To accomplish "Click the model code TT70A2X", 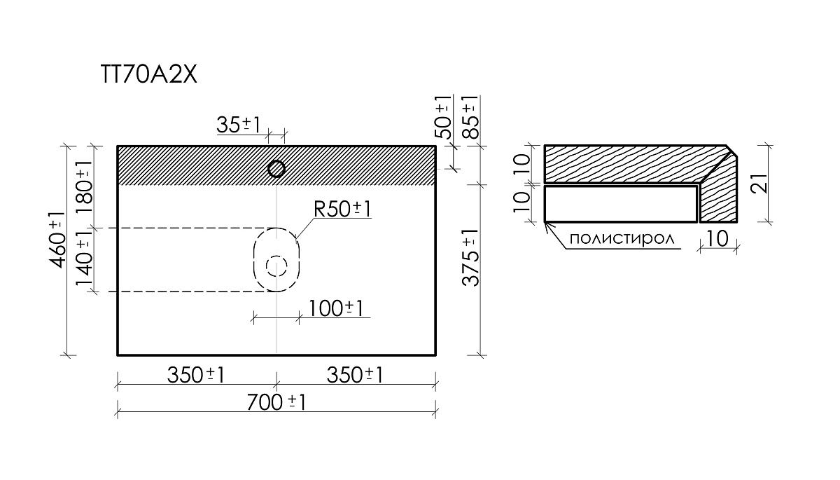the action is click(149, 75).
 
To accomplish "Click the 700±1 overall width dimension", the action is click(276, 402).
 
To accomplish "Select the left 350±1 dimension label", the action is click(196, 375).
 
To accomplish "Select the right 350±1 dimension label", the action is click(355, 375).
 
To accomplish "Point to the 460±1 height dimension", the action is click(57, 240).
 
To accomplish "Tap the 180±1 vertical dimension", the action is click(85, 188).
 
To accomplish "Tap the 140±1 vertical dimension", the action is click(85, 258).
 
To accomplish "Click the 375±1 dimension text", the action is click(471, 258).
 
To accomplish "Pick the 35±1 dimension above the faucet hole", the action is click(239, 125).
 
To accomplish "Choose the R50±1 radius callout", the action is click(342, 209).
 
